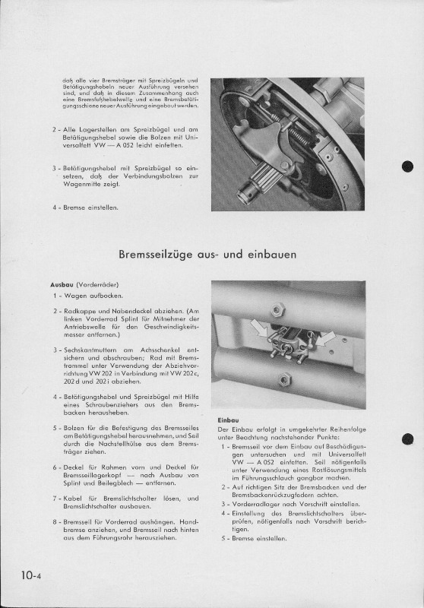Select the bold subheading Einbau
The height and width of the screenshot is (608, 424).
228,420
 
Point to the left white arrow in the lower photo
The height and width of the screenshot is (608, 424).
258,328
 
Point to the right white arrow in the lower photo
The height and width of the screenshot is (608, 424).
324,339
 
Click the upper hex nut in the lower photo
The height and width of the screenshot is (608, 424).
277,310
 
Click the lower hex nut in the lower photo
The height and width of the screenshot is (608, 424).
284,378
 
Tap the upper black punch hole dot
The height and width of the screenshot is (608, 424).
407,166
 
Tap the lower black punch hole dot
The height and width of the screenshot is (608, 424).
407,439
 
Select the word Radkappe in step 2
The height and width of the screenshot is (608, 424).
77,311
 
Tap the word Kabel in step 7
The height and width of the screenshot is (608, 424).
72,499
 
